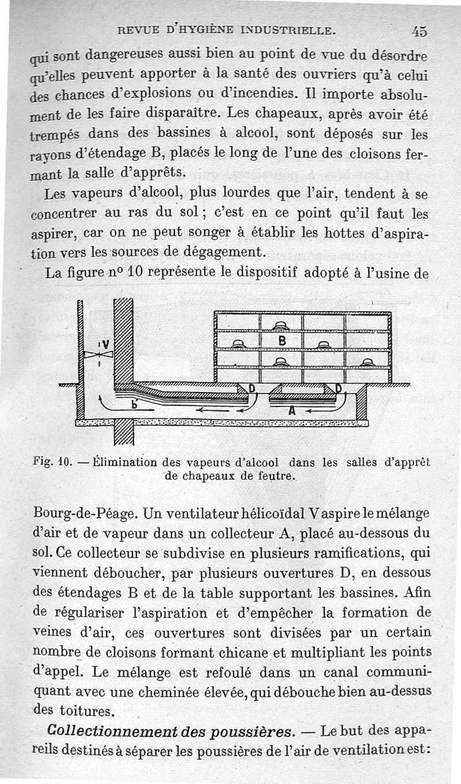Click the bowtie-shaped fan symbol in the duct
(x=91, y=355)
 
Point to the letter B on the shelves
(x=282, y=341)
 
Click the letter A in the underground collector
(x=292, y=411)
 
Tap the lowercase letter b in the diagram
(x=135, y=405)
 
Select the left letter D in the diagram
(x=251, y=389)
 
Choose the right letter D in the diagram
(x=338, y=389)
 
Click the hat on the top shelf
(x=281, y=326)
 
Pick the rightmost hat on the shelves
(x=367, y=363)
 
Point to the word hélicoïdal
(x=266, y=512)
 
